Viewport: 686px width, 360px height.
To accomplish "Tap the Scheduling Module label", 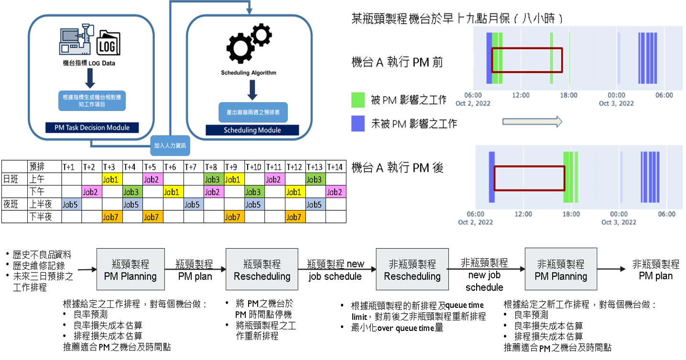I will pos(252,130).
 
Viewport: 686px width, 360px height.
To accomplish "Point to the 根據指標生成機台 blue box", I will pos(93,99).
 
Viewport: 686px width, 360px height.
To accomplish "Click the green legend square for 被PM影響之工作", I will pos(358,100).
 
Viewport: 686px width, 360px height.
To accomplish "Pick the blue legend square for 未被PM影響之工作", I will pos(358,123).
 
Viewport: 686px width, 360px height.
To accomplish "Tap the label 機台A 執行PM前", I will pos(397,62).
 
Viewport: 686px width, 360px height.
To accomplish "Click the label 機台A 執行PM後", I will pos(397,168).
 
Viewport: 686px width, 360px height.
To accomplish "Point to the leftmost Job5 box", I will pos(70,205).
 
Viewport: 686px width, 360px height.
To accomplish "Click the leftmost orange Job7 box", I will pos(110,217).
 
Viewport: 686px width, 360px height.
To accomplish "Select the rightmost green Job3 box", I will pos(314,180).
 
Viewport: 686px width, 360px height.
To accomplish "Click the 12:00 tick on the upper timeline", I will pos(521,95).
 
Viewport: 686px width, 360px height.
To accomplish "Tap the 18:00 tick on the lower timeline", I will pos(571,214).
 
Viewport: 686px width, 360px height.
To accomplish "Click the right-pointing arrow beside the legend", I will pos(532,122).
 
